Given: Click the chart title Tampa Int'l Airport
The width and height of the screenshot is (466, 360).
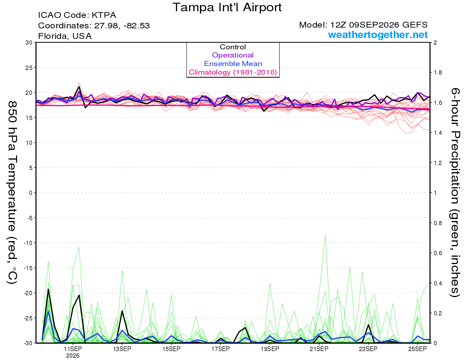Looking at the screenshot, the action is (x=227, y=7).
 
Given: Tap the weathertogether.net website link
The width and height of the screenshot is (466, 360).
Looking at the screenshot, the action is (x=378, y=35).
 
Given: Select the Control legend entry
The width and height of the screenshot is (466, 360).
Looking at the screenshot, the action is (x=233, y=47).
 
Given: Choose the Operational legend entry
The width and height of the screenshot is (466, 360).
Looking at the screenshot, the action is (x=233, y=55).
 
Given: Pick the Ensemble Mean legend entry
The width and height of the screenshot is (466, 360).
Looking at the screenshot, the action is (x=233, y=64).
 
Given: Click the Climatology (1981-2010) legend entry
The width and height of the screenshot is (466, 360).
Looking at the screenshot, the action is (x=233, y=72).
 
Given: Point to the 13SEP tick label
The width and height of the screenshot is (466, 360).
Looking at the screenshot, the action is (x=122, y=349).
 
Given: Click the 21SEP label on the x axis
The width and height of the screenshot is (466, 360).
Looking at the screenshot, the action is (x=319, y=349).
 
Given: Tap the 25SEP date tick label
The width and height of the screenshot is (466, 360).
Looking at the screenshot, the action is (x=417, y=349).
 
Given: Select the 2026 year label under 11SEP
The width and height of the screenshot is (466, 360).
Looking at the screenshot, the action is (x=73, y=356).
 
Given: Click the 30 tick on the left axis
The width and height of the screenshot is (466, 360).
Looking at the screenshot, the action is (x=29, y=43).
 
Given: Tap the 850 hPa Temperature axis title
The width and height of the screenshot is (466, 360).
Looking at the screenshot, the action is (x=12, y=193).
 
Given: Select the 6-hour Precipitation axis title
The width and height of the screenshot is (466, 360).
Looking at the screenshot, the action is (x=455, y=192).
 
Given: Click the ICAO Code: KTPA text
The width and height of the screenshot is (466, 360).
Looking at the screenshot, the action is (x=77, y=15).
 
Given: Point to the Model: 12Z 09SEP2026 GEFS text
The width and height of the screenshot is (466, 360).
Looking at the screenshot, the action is (x=363, y=25).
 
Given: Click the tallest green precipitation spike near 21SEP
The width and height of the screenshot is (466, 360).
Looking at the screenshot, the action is (x=325, y=235).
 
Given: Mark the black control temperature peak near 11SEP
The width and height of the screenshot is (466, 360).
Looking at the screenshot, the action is (x=79, y=87).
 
